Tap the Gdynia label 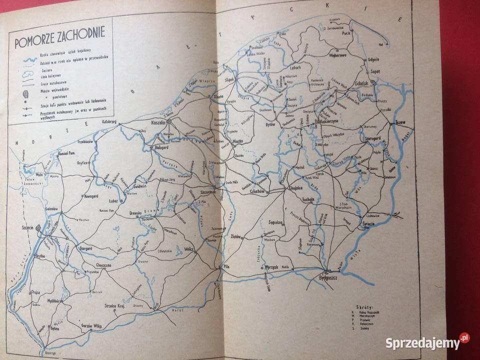[x=373, y=58]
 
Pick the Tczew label [x=399, y=122]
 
